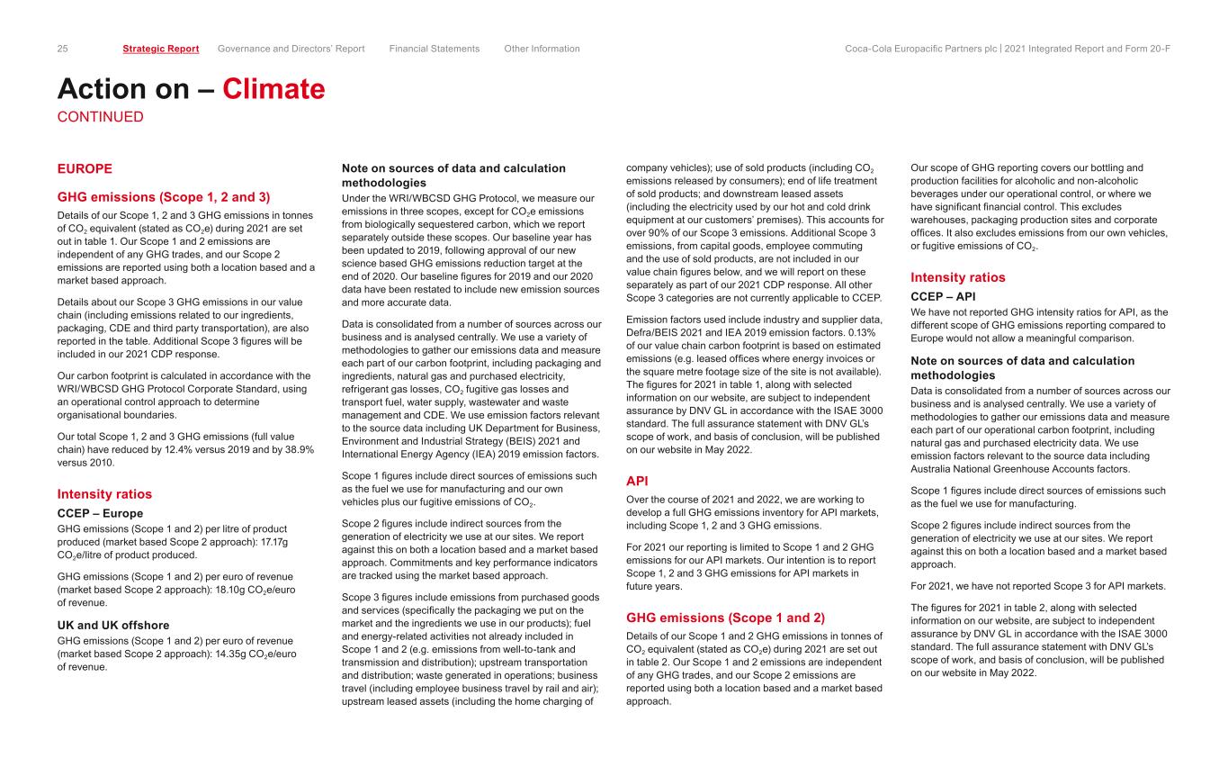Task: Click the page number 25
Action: click(63, 49)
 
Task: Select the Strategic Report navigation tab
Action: click(161, 49)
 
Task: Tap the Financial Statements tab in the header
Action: click(435, 49)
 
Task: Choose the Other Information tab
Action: click(542, 49)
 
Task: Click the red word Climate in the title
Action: click(273, 89)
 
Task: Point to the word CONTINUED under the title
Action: click(100, 117)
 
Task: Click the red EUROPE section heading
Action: click(85, 168)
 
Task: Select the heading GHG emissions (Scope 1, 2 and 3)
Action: click(164, 196)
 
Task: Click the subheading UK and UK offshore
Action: click(113, 625)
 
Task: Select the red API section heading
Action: click(638, 481)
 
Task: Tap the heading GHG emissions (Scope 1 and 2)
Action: click(724, 618)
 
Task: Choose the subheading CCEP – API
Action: click(944, 296)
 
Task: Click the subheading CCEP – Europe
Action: click(100, 513)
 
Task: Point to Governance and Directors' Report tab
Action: click(291, 49)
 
